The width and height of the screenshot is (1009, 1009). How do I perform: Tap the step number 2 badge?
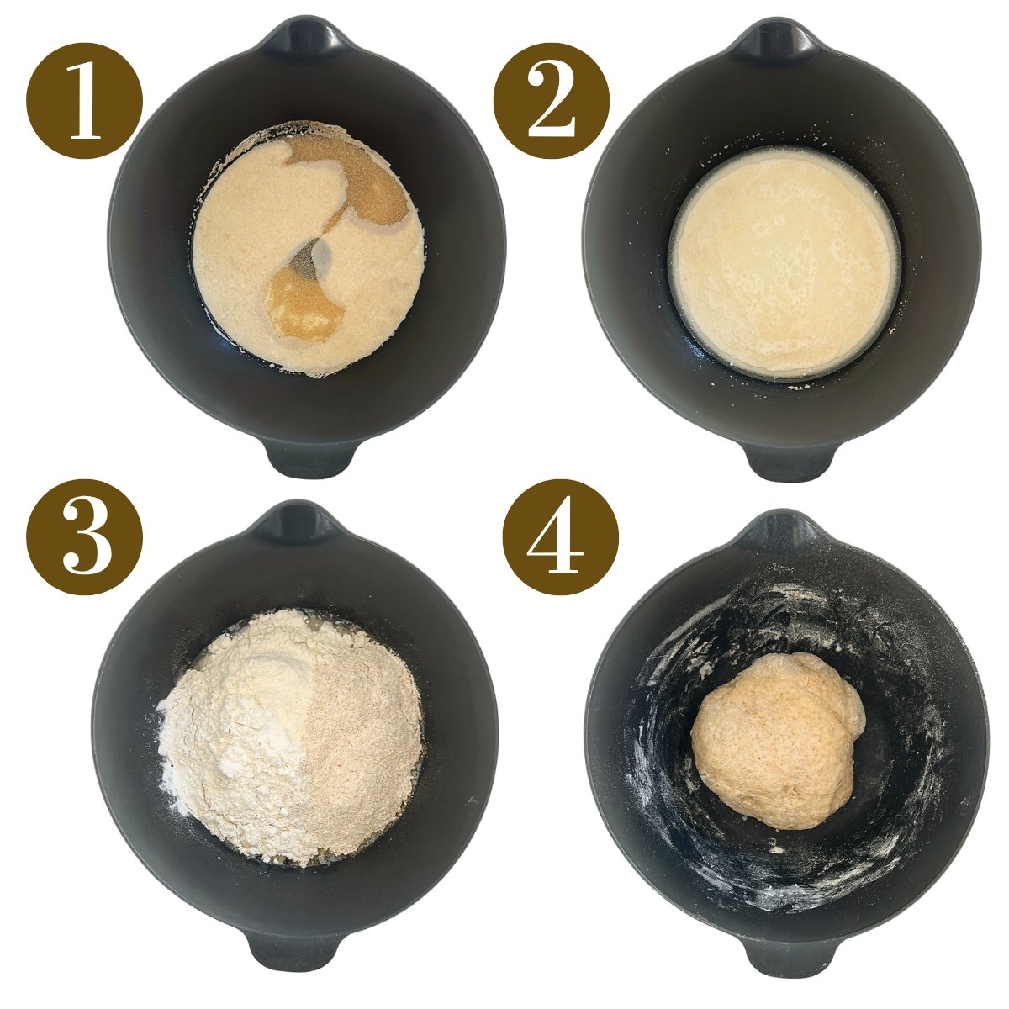(550, 100)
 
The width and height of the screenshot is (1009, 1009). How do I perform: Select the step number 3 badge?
(85, 538)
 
